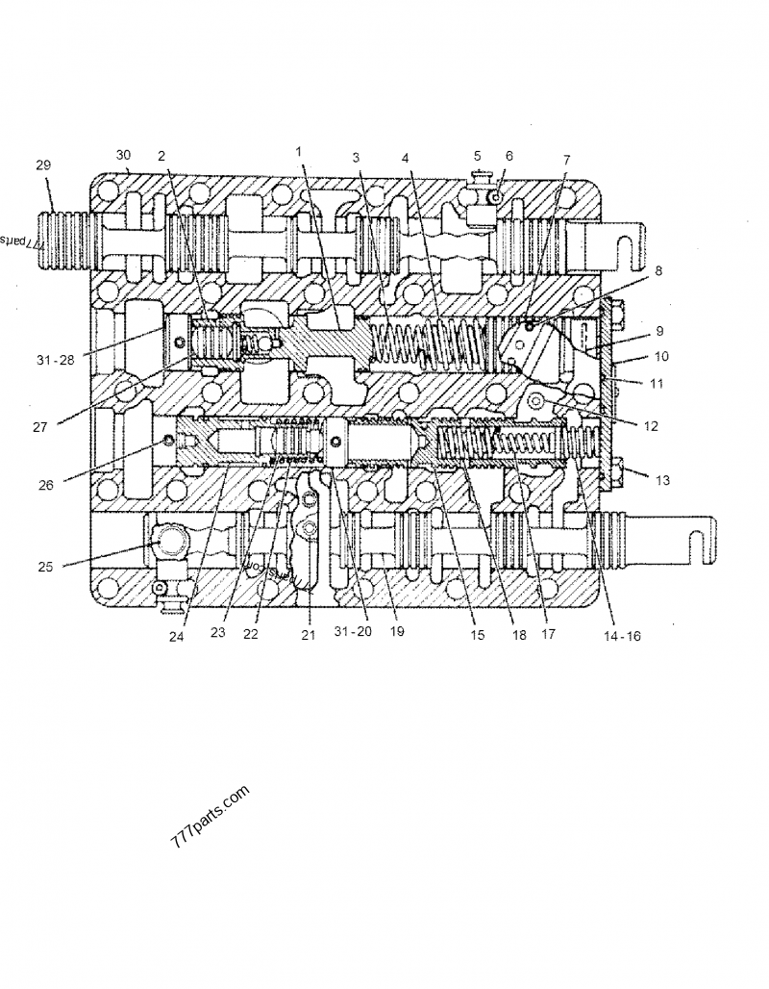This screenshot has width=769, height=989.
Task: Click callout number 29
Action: click(x=43, y=165)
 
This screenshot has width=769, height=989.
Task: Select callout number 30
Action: click(x=123, y=155)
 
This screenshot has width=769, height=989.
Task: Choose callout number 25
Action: click(x=44, y=567)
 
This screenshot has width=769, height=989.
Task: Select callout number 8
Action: click(x=632, y=272)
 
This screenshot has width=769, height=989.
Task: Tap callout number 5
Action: click(x=477, y=156)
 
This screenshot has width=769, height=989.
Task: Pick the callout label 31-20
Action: click(x=352, y=632)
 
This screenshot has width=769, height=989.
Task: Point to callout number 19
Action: click(x=396, y=632)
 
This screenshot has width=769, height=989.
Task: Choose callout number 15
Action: click(x=477, y=634)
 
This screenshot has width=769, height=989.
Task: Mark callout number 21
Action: click(x=308, y=634)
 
